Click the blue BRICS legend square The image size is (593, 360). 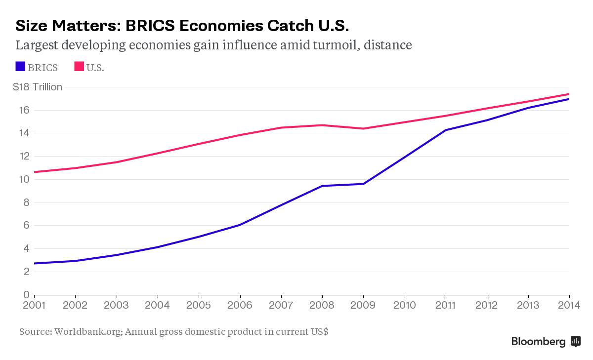[x=20, y=66]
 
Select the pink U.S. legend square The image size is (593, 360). [x=79, y=66]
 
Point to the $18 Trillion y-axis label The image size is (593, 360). [x=38, y=87]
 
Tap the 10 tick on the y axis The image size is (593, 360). [x=24, y=179]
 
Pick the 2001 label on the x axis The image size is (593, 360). [x=35, y=305]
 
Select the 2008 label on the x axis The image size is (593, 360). [x=322, y=305]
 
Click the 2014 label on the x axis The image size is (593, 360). [x=569, y=305]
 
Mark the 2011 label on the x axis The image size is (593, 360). [x=446, y=305]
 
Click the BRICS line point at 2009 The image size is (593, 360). [x=364, y=184]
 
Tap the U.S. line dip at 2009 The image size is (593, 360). [x=364, y=128]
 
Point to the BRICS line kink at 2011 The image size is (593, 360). [x=446, y=130]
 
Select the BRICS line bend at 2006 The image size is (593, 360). [x=240, y=225]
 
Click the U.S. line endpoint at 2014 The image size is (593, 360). [x=569, y=94]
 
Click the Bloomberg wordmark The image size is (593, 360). [x=538, y=341]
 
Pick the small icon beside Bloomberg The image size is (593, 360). [x=575, y=341]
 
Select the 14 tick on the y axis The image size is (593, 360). [x=24, y=133]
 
